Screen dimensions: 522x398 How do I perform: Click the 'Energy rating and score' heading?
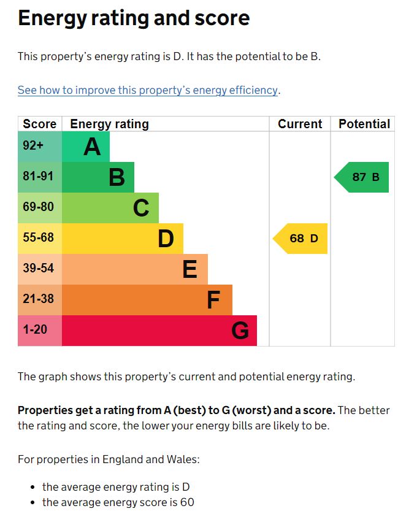(x=134, y=18)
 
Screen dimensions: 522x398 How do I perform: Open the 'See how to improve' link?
(x=147, y=90)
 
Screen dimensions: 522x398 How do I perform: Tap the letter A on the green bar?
(x=92, y=147)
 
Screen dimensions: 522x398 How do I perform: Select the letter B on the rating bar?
(x=117, y=178)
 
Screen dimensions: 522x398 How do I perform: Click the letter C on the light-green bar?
(x=141, y=209)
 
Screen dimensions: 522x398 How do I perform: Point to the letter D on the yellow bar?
(x=166, y=239)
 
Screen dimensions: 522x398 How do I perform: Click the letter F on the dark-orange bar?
(x=213, y=301)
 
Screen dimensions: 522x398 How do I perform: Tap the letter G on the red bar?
(x=240, y=331)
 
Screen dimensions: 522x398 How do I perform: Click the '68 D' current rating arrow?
(x=300, y=239)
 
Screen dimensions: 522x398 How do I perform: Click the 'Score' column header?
(x=39, y=124)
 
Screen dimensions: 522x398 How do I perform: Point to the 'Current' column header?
(x=300, y=124)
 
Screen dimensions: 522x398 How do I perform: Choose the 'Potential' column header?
(x=364, y=124)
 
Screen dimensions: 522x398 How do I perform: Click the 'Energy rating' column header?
(x=109, y=124)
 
